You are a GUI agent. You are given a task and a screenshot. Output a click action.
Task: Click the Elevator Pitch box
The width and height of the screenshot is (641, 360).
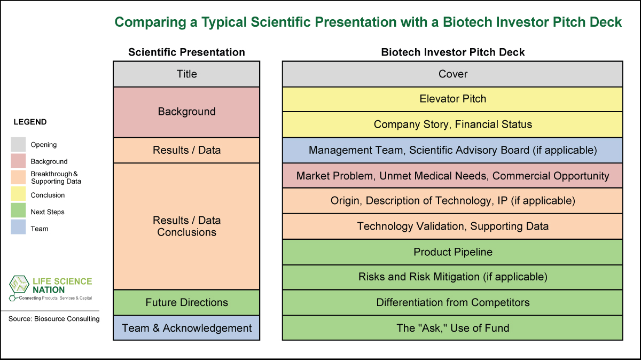click(452, 99)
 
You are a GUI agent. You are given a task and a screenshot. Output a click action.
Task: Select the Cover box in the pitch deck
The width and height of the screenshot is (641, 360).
click(452, 74)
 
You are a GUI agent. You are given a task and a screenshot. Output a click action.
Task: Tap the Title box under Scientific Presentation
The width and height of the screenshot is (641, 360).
click(186, 74)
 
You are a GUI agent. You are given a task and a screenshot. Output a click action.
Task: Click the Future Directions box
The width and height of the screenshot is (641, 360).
click(186, 302)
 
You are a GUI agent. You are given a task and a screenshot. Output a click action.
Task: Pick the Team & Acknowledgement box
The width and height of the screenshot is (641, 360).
click(186, 328)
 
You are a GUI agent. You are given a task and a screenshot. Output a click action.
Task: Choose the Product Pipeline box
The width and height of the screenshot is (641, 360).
click(452, 252)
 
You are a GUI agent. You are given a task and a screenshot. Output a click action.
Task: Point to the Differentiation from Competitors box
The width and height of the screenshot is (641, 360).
click(452, 302)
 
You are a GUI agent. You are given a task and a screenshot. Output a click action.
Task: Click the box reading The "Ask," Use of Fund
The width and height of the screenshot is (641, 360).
click(452, 328)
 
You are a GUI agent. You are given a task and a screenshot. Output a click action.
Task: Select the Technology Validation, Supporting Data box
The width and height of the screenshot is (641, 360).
click(452, 226)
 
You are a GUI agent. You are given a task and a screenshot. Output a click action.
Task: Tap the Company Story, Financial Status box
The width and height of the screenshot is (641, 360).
click(452, 124)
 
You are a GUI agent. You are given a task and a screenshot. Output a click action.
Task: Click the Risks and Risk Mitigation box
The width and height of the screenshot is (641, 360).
click(452, 277)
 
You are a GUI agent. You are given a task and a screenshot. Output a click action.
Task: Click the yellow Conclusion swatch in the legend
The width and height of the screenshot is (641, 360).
click(18, 194)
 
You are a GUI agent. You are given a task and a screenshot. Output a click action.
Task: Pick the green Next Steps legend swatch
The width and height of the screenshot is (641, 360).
click(18, 210)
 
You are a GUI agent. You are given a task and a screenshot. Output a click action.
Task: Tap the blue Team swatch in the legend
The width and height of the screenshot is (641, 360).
click(18, 227)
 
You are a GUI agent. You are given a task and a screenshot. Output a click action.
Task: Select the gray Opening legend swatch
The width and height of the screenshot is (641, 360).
click(18, 144)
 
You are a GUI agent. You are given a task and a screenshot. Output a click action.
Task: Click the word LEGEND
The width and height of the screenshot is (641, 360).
click(30, 122)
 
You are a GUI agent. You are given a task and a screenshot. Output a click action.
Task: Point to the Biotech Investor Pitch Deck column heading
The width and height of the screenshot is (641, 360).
click(453, 52)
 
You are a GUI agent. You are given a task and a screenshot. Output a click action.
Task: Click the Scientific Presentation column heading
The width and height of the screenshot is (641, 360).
click(186, 52)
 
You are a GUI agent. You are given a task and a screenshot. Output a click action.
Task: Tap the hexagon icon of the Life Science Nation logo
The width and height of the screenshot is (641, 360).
click(19, 285)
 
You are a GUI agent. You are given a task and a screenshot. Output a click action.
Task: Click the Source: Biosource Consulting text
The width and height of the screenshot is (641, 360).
click(54, 319)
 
